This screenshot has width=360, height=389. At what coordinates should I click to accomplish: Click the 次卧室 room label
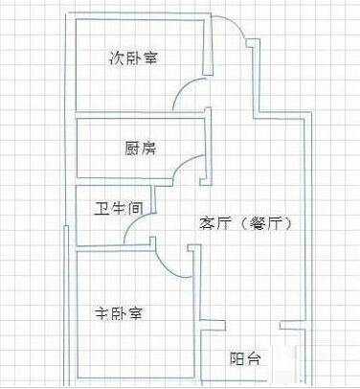click(133, 58)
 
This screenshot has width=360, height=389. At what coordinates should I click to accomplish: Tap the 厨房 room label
click(141, 149)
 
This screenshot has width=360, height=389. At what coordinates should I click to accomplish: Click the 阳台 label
click(243, 359)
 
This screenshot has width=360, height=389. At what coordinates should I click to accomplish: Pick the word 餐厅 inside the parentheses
click(267, 222)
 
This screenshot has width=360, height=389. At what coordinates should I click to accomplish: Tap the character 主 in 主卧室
click(101, 312)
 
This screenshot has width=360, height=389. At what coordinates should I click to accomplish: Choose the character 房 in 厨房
click(150, 149)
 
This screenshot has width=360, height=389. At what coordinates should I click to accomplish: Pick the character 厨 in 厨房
click(132, 149)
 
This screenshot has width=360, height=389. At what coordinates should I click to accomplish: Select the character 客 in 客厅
click(206, 222)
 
